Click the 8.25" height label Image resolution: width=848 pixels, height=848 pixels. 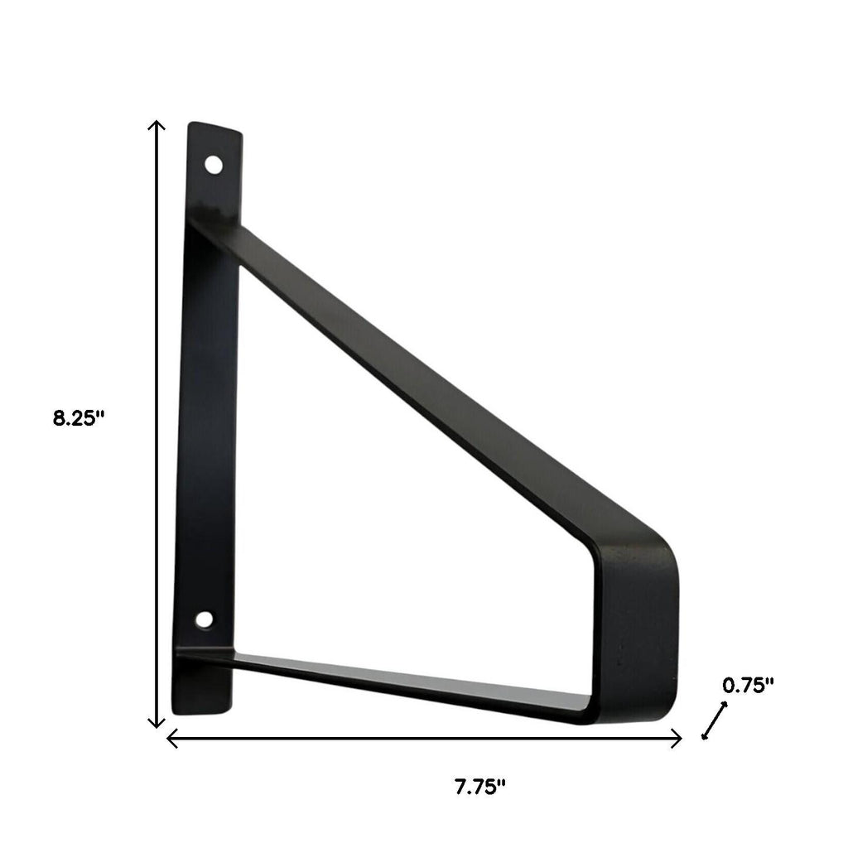click(79, 418)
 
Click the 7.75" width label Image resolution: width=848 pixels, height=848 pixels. click(479, 787)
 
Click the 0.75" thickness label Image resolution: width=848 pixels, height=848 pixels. click(748, 685)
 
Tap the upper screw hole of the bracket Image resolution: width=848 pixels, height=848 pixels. click(214, 164)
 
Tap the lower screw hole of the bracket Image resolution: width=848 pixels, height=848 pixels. click(203, 619)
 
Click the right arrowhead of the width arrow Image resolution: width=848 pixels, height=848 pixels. click(677, 739)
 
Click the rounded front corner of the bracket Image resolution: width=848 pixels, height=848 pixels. click(658, 552)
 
